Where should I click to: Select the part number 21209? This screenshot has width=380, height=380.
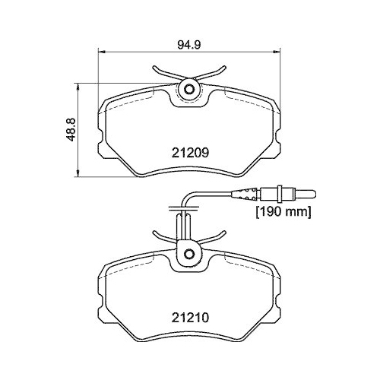point(188,152)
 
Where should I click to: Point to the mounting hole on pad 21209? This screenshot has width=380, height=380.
point(188,90)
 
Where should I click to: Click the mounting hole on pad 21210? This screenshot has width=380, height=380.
point(187,253)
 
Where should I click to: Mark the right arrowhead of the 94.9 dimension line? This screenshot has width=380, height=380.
point(277,52)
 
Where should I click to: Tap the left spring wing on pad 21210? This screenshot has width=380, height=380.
point(160,233)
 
